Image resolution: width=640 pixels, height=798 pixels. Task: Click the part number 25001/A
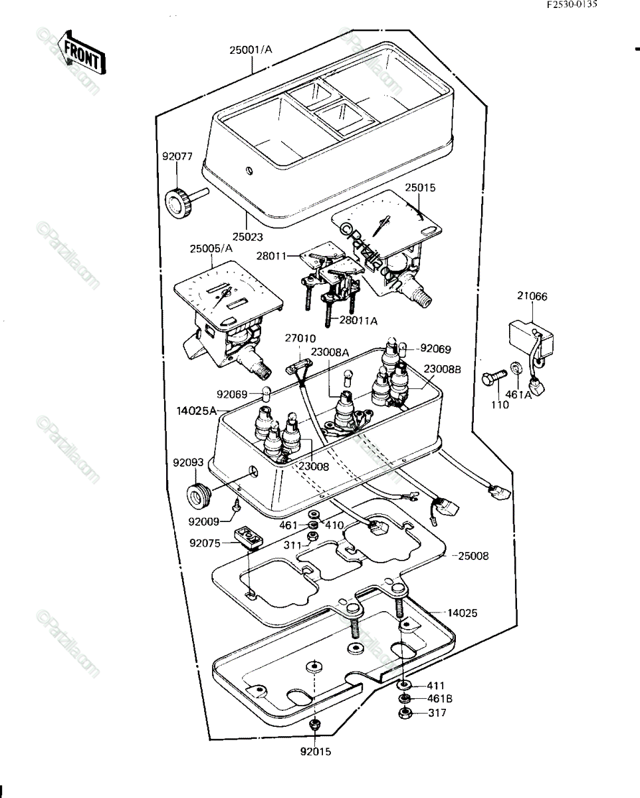(251, 50)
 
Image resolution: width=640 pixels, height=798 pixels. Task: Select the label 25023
(247, 237)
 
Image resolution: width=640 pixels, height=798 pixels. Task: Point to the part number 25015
(420, 188)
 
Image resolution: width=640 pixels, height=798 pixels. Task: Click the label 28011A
(358, 321)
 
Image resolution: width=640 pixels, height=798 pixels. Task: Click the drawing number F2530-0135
(572, 5)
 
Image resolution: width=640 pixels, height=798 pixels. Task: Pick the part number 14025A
(196, 411)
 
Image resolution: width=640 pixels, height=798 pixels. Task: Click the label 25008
(473, 567)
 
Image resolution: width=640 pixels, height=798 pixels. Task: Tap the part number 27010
(300, 338)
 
